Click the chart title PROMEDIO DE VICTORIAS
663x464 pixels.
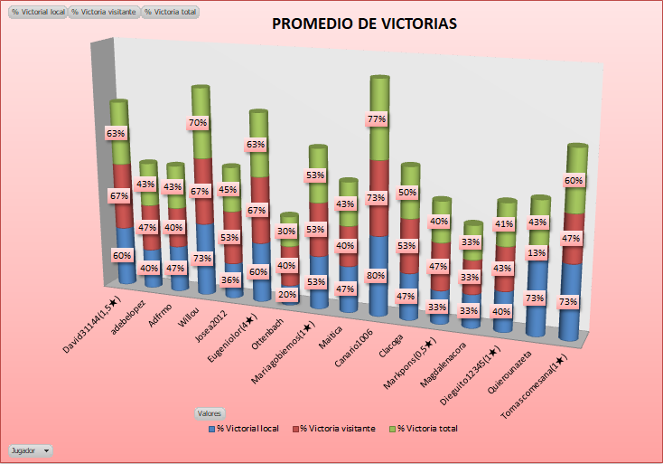click(364, 24)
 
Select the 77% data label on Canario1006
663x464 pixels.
click(377, 118)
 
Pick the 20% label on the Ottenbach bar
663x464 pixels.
click(286, 294)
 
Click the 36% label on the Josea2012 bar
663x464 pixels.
click(230, 280)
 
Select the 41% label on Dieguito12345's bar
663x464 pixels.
click(505, 223)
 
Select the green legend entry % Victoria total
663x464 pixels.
click(426, 428)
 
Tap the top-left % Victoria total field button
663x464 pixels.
click(171, 13)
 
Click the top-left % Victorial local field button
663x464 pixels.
click(38, 13)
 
